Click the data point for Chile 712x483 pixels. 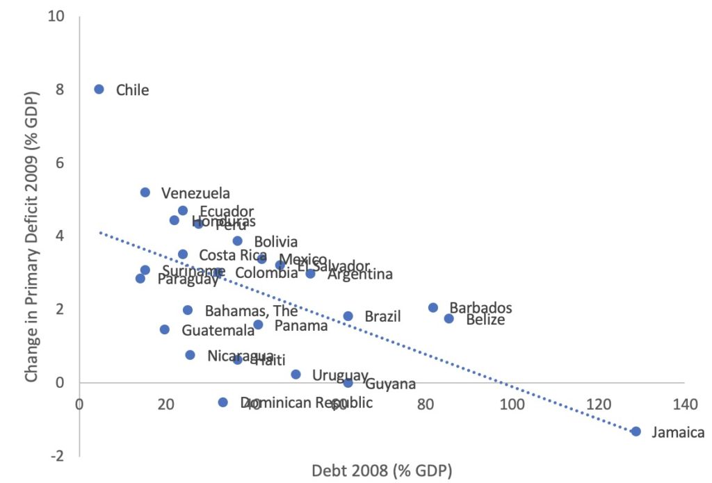(99, 89)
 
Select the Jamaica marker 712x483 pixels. (636, 432)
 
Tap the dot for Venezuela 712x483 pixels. (145, 193)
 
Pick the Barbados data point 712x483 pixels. (433, 308)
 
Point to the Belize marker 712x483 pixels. (449, 318)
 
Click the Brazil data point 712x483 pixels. (348, 316)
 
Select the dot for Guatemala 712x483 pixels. (165, 329)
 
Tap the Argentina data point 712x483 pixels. (311, 274)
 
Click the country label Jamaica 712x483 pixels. (678, 433)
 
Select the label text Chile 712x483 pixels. (132, 90)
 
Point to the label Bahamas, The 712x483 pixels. (251, 311)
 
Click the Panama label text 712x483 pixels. (301, 325)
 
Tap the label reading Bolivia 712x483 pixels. (275, 242)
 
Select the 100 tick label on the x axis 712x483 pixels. (512, 404)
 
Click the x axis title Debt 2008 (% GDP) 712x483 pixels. (382, 470)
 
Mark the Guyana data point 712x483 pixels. (348, 383)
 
